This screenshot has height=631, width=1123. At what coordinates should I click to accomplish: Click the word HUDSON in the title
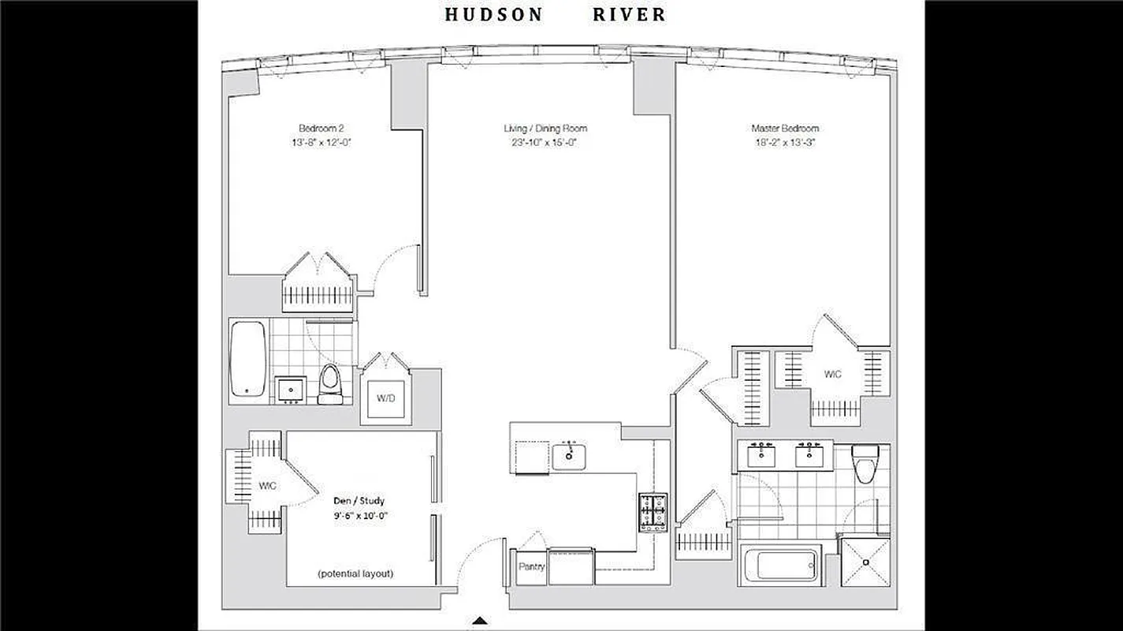click(493, 14)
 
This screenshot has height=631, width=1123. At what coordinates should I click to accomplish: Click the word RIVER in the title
click(629, 14)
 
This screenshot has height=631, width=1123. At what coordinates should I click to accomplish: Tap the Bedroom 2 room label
click(322, 128)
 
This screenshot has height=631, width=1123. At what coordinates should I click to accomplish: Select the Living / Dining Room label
click(545, 128)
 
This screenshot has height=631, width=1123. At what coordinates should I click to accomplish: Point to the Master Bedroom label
click(784, 128)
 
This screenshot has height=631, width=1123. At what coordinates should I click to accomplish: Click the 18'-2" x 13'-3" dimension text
click(784, 143)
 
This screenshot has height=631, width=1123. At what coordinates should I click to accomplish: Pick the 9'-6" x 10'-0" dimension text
click(359, 515)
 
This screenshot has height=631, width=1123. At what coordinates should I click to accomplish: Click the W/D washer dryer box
click(385, 398)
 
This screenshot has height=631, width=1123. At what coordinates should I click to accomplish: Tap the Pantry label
click(531, 566)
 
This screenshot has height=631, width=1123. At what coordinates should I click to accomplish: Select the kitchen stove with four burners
click(653, 513)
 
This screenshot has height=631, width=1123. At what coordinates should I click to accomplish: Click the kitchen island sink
click(567, 454)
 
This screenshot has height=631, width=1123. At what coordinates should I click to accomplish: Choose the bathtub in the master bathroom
click(780, 564)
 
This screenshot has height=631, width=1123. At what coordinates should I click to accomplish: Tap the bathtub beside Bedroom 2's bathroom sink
click(247, 360)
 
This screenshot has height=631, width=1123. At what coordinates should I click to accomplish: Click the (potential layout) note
click(355, 573)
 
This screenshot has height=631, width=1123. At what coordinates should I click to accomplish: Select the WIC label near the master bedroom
click(832, 374)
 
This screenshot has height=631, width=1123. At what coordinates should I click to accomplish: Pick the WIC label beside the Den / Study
click(267, 486)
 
